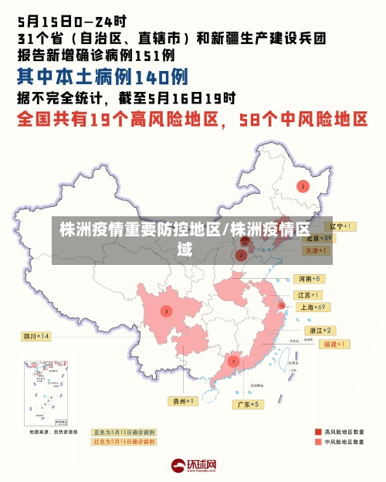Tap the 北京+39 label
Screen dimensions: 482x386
[317, 239]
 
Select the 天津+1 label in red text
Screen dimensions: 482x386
[317, 251]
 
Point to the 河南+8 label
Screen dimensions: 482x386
[309, 279]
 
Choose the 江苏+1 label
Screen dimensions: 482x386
[309, 295]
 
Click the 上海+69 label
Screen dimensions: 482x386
[313, 307]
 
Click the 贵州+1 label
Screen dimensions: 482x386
[185, 401]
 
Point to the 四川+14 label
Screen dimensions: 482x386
[36, 336]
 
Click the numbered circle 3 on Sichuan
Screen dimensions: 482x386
[166, 311]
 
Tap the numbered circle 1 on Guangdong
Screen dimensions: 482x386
[233, 361]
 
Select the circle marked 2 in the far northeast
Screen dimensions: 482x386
[303, 186]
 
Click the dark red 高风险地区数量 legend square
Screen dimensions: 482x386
[317, 432]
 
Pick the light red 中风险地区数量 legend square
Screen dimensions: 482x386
[317, 443]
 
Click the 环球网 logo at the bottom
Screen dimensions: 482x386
[193, 465]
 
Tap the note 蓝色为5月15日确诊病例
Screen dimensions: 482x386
[124, 433]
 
